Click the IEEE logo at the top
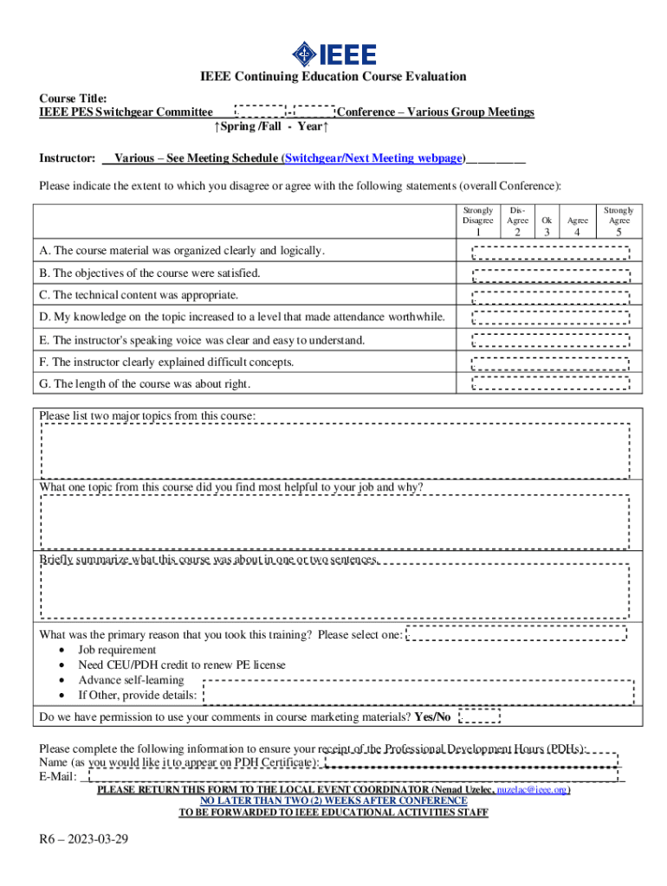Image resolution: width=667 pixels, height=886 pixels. (x=333, y=55)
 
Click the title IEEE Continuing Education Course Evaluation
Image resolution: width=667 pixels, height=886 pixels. (x=333, y=77)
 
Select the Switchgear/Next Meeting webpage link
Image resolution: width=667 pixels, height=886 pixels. (x=374, y=158)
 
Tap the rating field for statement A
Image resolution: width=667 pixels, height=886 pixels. (x=550, y=252)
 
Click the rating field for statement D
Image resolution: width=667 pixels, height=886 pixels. (x=550, y=318)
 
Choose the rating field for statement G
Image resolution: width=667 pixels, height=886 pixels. (x=550, y=384)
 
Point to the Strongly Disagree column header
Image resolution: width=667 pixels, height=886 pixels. (x=478, y=215)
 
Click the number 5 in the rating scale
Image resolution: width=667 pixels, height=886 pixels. (x=618, y=232)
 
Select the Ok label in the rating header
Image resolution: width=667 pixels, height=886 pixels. (x=547, y=221)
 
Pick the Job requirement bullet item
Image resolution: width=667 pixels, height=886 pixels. (x=117, y=650)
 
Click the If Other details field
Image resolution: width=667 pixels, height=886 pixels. (x=418, y=693)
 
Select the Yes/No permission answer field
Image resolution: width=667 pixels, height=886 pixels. (x=478, y=716)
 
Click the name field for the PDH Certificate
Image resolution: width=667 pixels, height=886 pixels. (x=471, y=761)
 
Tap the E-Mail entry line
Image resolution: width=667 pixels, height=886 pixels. (x=346, y=776)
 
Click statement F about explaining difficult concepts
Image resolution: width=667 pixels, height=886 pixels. (x=167, y=363)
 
